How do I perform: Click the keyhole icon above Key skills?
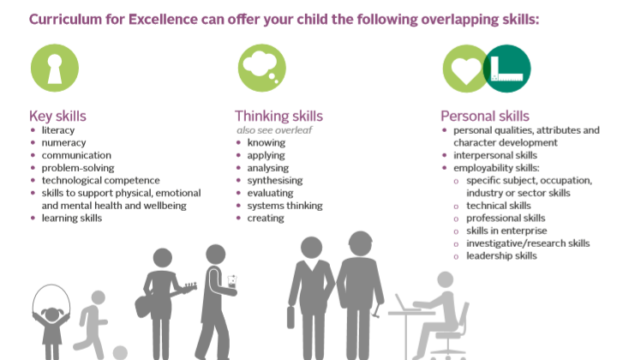tap(55, 68)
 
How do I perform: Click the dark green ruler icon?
tap(506, 69)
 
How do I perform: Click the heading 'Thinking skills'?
tap(279, 116)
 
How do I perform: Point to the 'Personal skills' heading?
tap(485, 116)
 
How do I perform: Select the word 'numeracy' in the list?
tap(63, 143)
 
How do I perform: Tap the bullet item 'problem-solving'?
tap(78, 168)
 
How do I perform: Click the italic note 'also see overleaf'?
tap(274, 130)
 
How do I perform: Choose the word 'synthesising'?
tap(275, 181)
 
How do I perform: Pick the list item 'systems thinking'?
tap(285, 206)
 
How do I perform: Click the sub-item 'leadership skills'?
tap(501, 255)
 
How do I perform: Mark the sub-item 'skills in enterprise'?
tap(506, 231)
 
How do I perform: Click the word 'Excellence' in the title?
tap(163, 19)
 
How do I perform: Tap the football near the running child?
tap(120, 352)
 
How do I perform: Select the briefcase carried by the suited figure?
tap(291, 317)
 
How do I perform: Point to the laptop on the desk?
tap(404, 303)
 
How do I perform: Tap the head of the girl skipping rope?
tap(52, 314)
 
